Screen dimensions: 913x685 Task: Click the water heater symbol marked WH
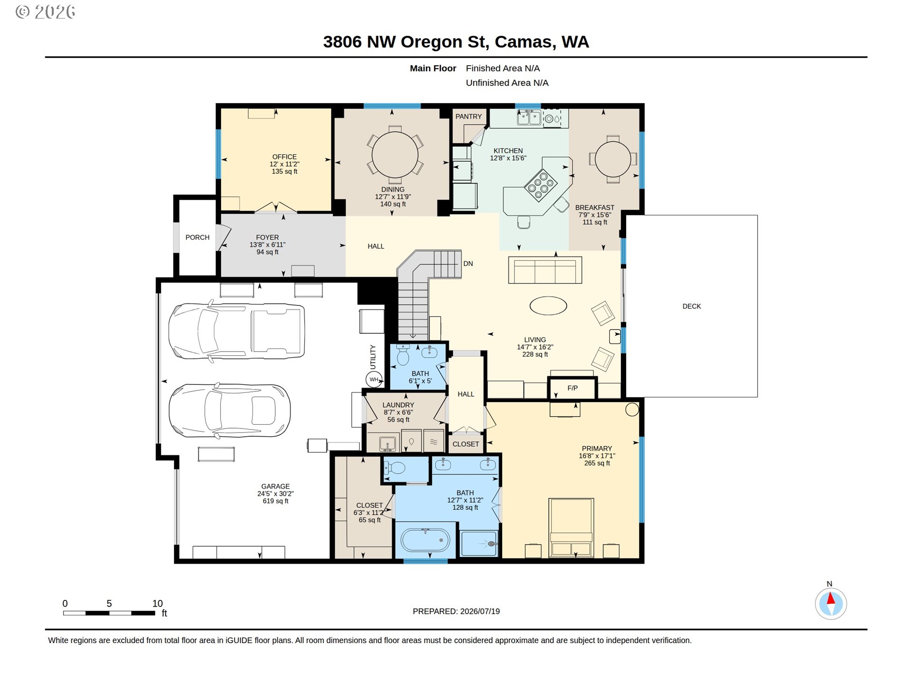(374, 379)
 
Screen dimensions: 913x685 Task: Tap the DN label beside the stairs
(468, 264)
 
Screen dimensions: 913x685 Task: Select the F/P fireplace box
(572, 388)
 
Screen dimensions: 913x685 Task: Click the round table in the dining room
(395, 155)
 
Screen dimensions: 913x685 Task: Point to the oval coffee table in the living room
(548, 305)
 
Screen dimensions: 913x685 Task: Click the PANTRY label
(468, 117)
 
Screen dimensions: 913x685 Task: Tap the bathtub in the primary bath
(426, 540)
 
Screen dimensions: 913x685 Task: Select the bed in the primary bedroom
(571, 528)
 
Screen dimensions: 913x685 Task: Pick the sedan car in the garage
(230, 411)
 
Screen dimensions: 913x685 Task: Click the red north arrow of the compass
(831, 598)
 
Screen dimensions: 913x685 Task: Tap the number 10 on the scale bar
(157, 603)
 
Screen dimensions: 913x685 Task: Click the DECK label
(691, 306)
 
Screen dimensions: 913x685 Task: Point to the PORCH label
(197, 237)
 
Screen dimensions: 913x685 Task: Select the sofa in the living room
(545, 270)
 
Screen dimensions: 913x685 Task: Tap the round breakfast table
(613, 159)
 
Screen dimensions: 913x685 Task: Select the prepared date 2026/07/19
(480, 611)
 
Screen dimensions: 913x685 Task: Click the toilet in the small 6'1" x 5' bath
(403, 354)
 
